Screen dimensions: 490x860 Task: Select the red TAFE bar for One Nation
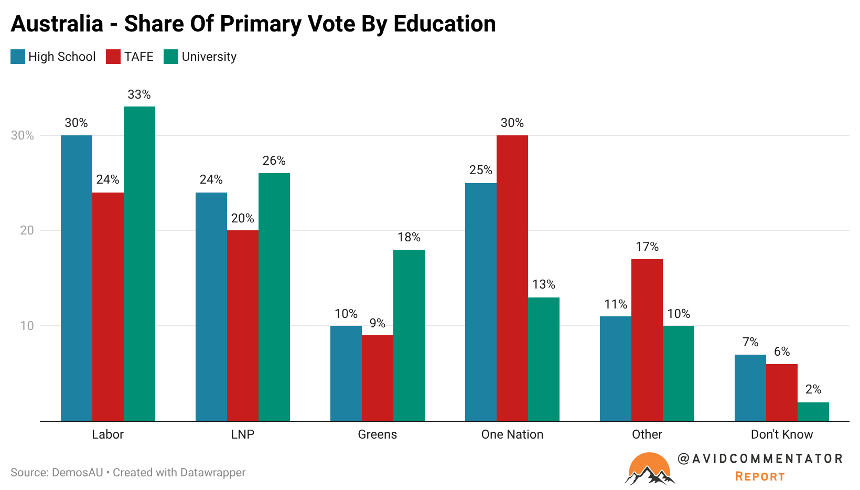tap(512, 278)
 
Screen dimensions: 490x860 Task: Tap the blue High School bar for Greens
tap(346, 373)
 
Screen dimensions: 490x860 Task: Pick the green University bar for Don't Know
tap(813, 411)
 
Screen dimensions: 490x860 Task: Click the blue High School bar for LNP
tap(211, 306)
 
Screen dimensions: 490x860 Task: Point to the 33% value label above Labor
tap(139, 94)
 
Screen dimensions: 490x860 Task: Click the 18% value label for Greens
tap(409, 237)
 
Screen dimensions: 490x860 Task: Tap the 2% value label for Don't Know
tap(813, 389)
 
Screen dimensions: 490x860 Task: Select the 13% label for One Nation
tap(544, 284)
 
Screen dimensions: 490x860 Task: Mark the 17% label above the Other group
tap(647, 247)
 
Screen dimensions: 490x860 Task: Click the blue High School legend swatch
tap(18, 57)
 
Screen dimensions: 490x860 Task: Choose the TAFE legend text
tap(139, 57)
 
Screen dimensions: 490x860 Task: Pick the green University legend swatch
tap(171, 57)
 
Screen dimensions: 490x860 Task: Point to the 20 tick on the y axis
tap(27, 230)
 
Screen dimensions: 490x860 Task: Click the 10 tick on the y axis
tap(27, 326)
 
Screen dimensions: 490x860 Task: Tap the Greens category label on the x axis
tap(378, 434)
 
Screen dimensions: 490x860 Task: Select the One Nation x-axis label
tap(512, 434)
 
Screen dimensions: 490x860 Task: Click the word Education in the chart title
tap(445, 24)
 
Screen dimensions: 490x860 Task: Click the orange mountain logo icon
tap(649, 468)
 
